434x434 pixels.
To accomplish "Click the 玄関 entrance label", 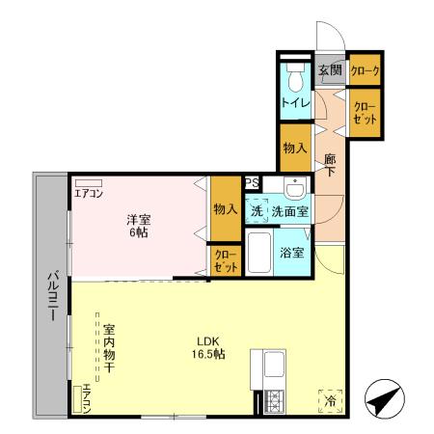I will (330, 70).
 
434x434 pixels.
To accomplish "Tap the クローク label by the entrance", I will (364, 70).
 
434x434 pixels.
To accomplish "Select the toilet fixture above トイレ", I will (295, 76).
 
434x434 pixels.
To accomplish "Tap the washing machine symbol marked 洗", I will (258, 208).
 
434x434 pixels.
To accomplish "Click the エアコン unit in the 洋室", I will (89, 181).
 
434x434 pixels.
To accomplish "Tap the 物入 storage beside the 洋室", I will (225, 208).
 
